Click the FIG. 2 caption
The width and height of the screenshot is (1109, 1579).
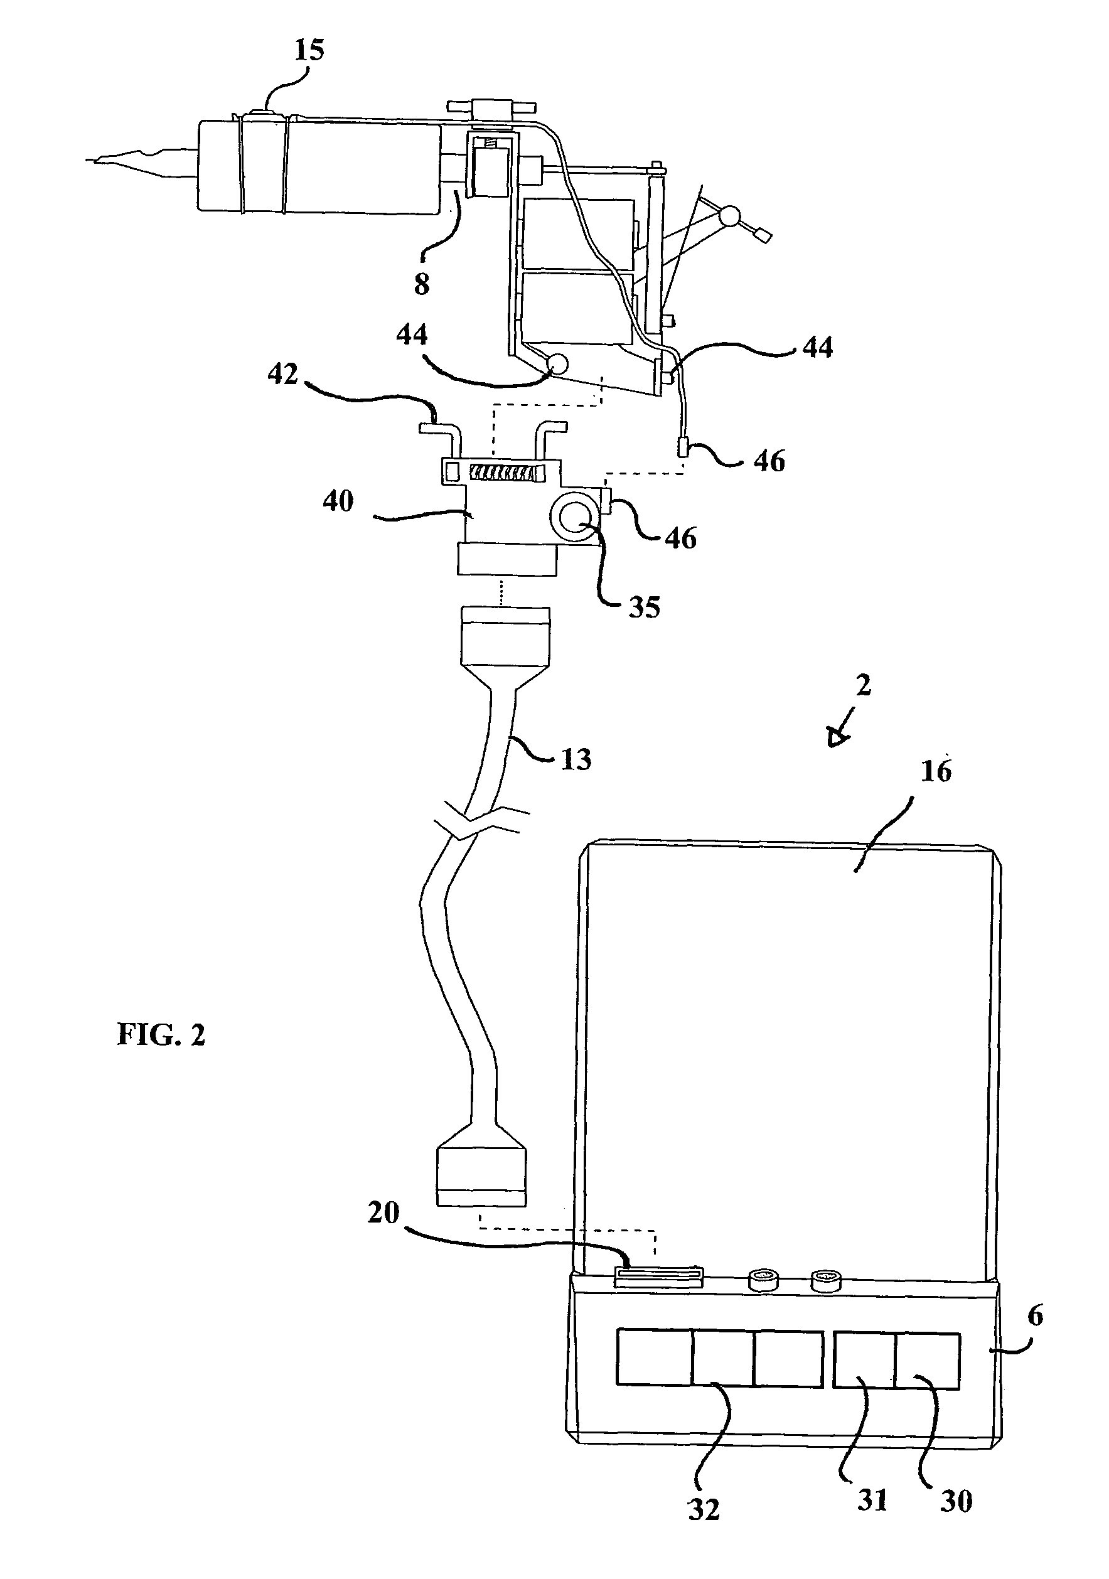(162, 1034)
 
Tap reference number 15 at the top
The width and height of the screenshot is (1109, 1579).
(309, 50)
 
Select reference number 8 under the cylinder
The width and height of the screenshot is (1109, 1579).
(422, 282)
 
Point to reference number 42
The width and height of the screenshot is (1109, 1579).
(282, 373)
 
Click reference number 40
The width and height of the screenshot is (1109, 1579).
(338, 501)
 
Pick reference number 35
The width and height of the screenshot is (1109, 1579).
(644, 607)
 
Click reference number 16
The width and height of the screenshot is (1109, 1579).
(936, 771)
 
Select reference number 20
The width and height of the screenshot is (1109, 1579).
(383, 1212)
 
